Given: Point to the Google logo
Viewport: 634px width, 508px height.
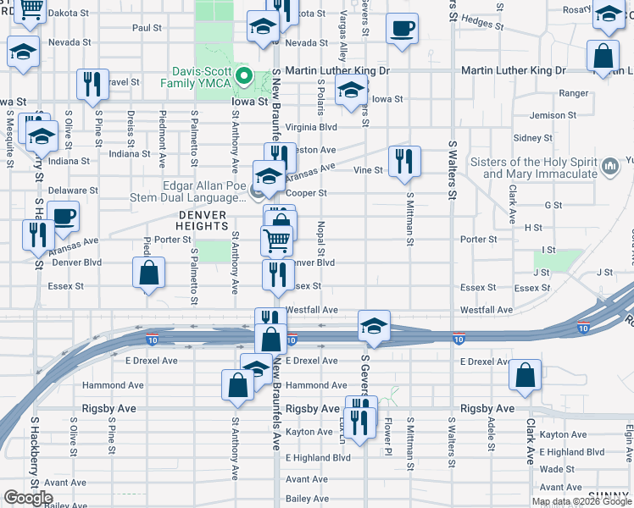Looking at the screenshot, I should point(28,497).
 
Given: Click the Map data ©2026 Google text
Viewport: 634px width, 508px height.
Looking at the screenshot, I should point(581,501).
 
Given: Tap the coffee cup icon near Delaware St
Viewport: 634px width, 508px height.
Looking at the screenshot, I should point(64,216).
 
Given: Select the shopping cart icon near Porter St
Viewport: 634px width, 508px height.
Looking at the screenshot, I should point(276,241).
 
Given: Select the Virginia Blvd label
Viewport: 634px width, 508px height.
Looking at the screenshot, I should point(311,127).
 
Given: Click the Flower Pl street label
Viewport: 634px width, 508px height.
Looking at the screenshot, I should point(387,430).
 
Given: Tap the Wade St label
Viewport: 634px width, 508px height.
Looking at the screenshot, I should point(557,469).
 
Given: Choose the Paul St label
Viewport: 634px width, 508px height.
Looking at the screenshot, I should point(147,28).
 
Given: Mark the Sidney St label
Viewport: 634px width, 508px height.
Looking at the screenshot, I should point(533,137).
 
